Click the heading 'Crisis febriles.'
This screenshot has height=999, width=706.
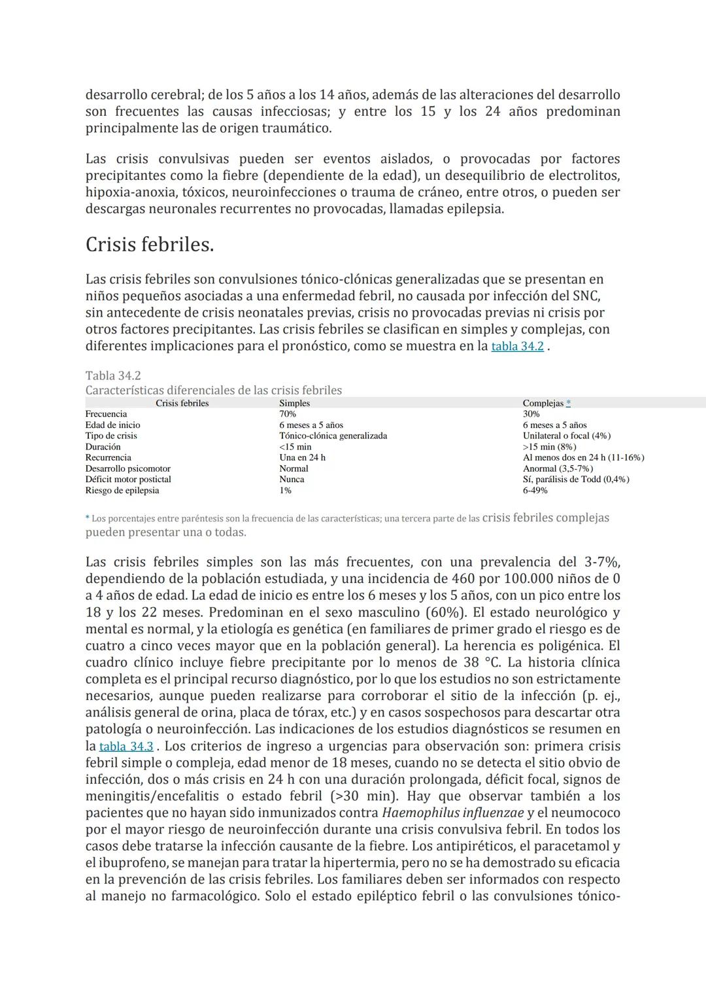150,245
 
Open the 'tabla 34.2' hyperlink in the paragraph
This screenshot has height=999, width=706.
517,346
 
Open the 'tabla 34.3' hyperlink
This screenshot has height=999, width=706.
126,746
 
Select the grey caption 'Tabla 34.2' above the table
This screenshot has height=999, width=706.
113,376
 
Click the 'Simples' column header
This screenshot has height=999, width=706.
294,403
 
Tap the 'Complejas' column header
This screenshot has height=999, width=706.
543,403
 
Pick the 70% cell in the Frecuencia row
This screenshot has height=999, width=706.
288,414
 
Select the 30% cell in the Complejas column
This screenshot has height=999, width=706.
531,414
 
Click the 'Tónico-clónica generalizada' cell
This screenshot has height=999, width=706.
333,436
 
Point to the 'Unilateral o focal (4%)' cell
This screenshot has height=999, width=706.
567,436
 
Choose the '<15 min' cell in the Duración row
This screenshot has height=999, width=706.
295,447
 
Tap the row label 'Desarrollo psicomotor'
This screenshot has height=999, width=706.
127,468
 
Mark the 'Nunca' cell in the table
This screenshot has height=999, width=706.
292,480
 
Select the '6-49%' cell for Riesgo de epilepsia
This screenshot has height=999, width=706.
535,491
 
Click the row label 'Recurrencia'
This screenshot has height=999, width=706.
108,458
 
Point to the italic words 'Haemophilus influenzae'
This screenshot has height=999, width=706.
452,813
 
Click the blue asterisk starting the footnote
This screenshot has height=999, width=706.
88,518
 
